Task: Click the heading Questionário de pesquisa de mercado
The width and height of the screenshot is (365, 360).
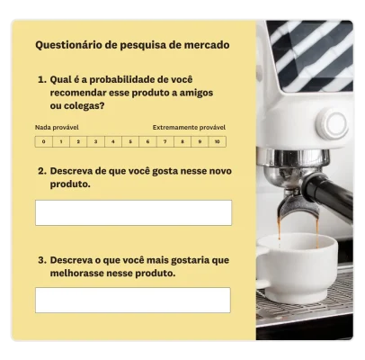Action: coord(132,44)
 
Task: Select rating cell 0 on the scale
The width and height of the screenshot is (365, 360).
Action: coord(43,141)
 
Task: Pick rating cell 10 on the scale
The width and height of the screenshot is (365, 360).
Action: coord(216,141)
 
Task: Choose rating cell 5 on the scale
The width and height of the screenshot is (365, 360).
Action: coord(129,141)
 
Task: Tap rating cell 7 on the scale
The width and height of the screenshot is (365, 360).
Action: coord(165,141)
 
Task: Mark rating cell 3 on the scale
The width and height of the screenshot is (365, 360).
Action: coord(95,141)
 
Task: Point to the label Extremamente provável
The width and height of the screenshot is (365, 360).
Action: coord(189,128)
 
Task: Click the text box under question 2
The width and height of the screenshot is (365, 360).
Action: coord(133,212)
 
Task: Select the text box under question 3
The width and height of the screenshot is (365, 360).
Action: coord(133,300)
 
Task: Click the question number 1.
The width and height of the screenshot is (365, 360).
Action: coord(40,79)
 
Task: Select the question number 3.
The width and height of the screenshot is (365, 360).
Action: coord(40,260)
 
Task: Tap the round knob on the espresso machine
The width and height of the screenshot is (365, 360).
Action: coord(333,125)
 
